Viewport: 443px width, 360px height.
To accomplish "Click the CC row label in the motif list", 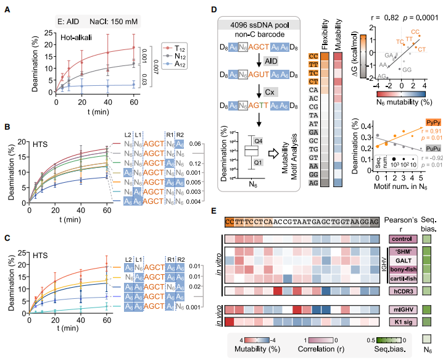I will tap(313, 56).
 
